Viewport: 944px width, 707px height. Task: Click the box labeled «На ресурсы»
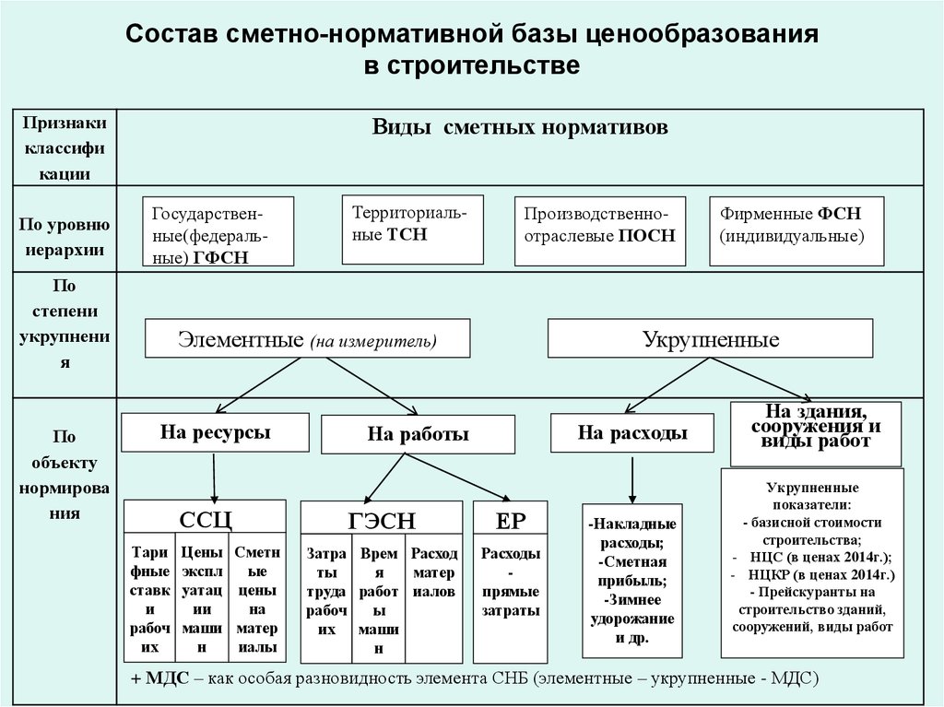coord(215,432)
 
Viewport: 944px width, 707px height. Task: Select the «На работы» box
coord(418,434)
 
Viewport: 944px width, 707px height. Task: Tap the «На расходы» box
coord(632,433)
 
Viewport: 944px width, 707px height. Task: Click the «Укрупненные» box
coord(711,338)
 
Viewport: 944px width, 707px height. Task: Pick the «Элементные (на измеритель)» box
coord(307,338)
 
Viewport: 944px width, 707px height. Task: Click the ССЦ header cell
coord(205,517)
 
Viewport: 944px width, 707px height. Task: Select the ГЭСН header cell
coord(382,517)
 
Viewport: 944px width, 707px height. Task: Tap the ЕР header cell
coord(511,517)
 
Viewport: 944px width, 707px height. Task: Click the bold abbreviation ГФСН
coord(221,258)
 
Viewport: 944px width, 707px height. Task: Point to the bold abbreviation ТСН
coord(407,235)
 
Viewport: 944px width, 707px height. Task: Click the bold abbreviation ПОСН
coord(647,235)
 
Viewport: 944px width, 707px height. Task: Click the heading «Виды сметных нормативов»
coord(520,127)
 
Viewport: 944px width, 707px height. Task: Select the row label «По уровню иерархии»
coord(65,237)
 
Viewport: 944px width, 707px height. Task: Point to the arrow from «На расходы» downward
coord(632,480)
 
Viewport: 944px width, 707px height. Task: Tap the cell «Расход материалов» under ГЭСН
coord(433,572)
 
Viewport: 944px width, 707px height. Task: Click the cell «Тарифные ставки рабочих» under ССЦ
coord(150,600)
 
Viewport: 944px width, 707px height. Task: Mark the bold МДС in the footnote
coord(168,678)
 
